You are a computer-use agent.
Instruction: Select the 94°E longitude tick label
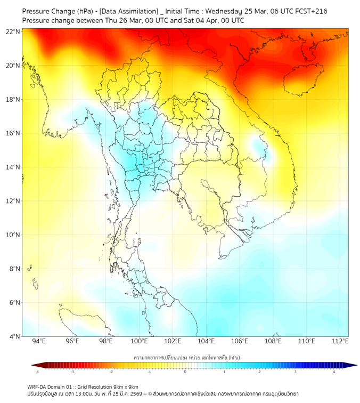tap(39, 341)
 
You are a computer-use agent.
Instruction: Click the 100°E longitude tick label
tap(140, 341)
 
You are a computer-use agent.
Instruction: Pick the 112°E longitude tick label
tap(340, 341)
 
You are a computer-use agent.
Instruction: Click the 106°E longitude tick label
tap(240, 341)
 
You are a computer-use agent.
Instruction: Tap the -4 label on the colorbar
tap(37, 372)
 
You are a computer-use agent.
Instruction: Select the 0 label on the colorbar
tap(185, 372)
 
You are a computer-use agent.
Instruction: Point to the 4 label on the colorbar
tap(334, 372)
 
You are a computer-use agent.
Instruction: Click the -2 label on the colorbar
tap(111, 372)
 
